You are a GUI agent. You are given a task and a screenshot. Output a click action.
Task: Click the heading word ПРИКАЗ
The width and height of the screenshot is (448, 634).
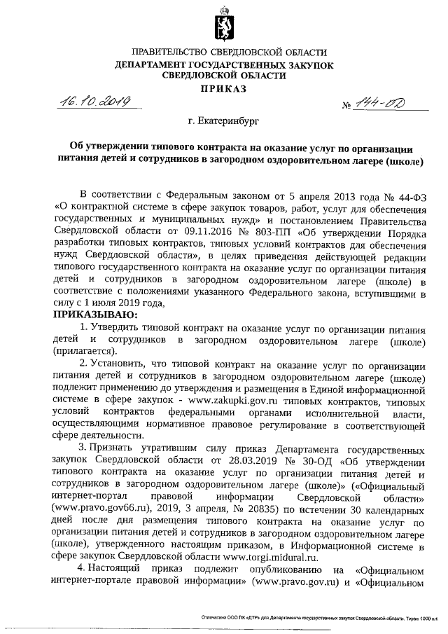[x=224, y=90]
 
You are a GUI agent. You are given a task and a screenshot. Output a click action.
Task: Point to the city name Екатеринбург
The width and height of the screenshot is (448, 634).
[x=224, y=121]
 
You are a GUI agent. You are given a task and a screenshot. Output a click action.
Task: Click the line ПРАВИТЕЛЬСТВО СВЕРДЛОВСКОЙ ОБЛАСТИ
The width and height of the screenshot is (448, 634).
[x=224, y=53]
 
